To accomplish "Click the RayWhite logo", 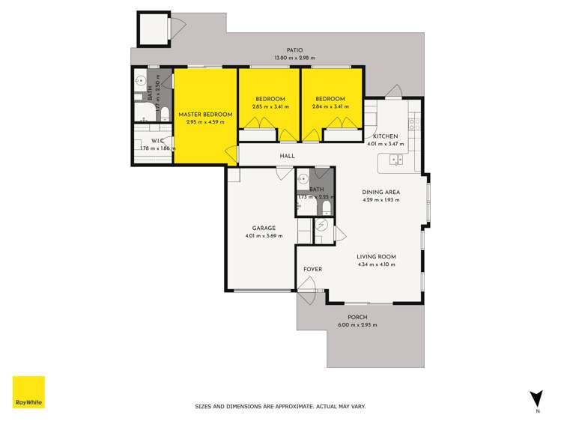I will click(x=28, y=393).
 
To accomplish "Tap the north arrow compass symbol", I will click(x=536, y=399).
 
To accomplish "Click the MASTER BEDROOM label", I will click(x=205, y=114).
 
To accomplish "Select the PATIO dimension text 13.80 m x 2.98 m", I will click(x=294, y=58).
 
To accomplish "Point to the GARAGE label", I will click(x=264, y=228).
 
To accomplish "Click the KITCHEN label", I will click(x=385, y=136).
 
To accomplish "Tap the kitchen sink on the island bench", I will click(x=396, y=159).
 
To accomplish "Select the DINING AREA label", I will click(x=381, y=192).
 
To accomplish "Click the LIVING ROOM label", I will click(x=376, y=256).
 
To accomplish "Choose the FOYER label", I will click(x=312, y=269).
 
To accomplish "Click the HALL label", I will click(x=287, y=156).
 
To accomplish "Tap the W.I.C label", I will click(x=157, y=140).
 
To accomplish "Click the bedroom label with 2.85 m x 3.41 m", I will click(x=270, y=99).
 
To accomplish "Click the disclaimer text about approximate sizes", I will click(x=280, y=406).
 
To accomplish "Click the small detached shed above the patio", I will click(x=154, y=29).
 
